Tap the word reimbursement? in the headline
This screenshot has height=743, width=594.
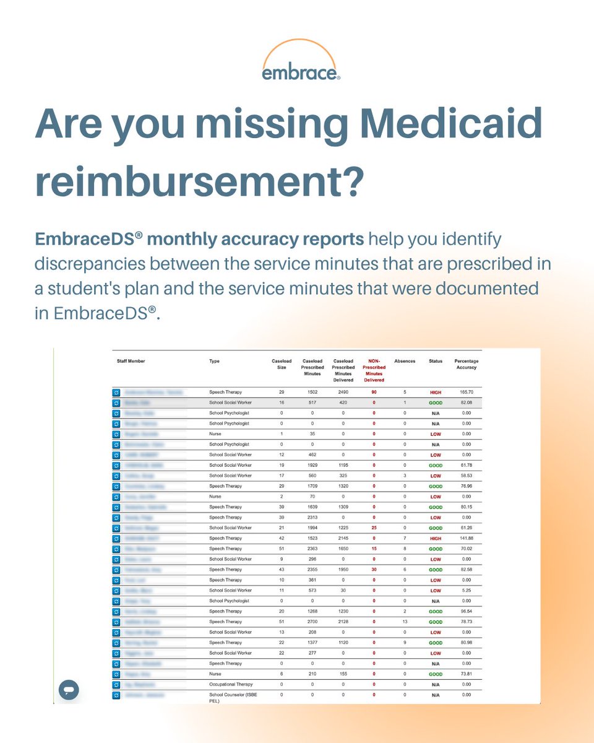click(197, 181)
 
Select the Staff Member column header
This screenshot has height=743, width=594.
click(131, 361)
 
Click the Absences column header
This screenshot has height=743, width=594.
click(405, 361)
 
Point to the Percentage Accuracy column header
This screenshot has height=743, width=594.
click(467, 364)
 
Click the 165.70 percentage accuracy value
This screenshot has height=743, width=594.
click(467, 393)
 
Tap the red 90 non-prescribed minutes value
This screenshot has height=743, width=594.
click(374, 393)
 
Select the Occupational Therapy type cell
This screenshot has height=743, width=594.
click(230, 684)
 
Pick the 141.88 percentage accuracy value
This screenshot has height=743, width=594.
click(467, 538)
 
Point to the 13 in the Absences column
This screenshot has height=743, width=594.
click(405, 622)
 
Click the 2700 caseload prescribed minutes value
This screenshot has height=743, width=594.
click(312, 622)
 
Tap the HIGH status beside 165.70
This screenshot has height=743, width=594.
click(436, 393)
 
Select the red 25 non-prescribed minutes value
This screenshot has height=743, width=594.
click(374, 528)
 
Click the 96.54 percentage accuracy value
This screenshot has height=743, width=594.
click(467, 611)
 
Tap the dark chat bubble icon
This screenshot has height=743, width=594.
click(69, 690)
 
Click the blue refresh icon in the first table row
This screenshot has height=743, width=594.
click(116, 393)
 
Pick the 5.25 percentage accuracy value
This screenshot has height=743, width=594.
click(467, 591)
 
